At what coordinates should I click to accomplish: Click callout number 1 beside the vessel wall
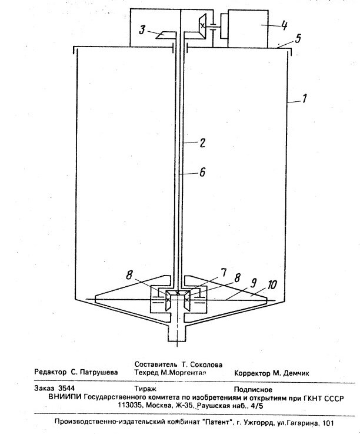point(305,101)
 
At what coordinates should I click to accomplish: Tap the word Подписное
point(253,389)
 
